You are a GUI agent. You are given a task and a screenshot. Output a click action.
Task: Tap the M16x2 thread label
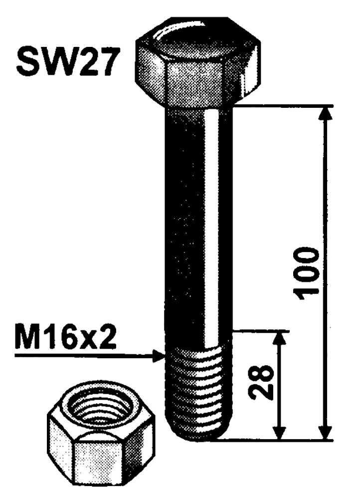tap(65, 340)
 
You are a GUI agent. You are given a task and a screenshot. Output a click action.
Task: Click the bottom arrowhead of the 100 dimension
tap(325, 433)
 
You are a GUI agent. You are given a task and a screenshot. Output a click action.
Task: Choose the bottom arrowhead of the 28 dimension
tap(281, 433)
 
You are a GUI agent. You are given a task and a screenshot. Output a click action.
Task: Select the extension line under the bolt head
tap(279, 105)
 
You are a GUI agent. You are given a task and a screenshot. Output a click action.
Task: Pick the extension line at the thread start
tap(259, 330)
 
